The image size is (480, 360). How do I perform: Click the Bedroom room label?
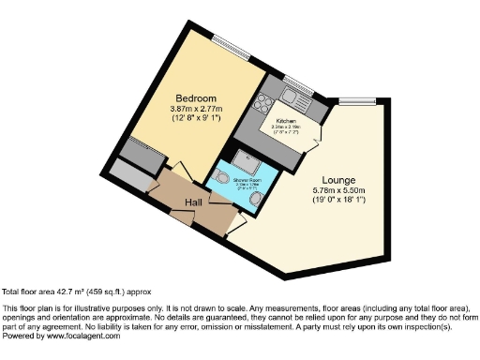tap(197, 98)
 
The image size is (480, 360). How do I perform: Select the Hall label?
tap(194, 202)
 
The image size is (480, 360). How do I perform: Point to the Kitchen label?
tap(286, 121)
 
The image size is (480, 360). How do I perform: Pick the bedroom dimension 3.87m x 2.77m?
tap(198, 110)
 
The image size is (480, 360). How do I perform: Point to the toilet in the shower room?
tap(222, 177)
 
